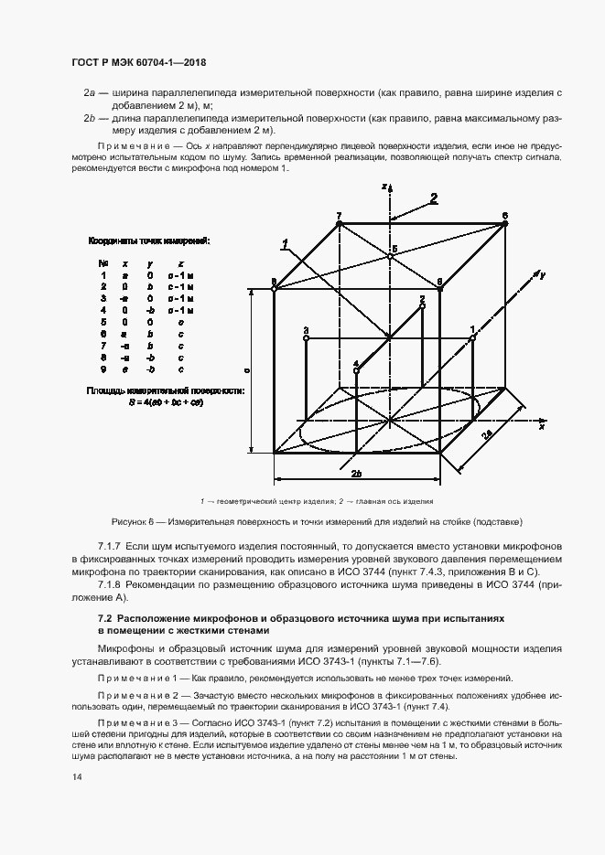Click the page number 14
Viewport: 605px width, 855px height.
(x=76, y=776)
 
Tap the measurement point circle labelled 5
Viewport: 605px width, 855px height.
(x=390, y=257)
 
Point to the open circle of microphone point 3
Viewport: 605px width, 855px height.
(x=306, y=337)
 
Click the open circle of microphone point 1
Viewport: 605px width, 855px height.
(x=473, y=338)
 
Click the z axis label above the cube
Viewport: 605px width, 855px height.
(x=384, y=186)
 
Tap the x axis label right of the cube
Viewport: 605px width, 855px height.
(x=542, y=426)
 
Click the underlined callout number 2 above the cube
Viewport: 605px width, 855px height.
(x=434, y=197)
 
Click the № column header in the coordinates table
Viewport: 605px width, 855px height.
(x=103, y=262)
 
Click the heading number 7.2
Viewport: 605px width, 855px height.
(x=92, y=619)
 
